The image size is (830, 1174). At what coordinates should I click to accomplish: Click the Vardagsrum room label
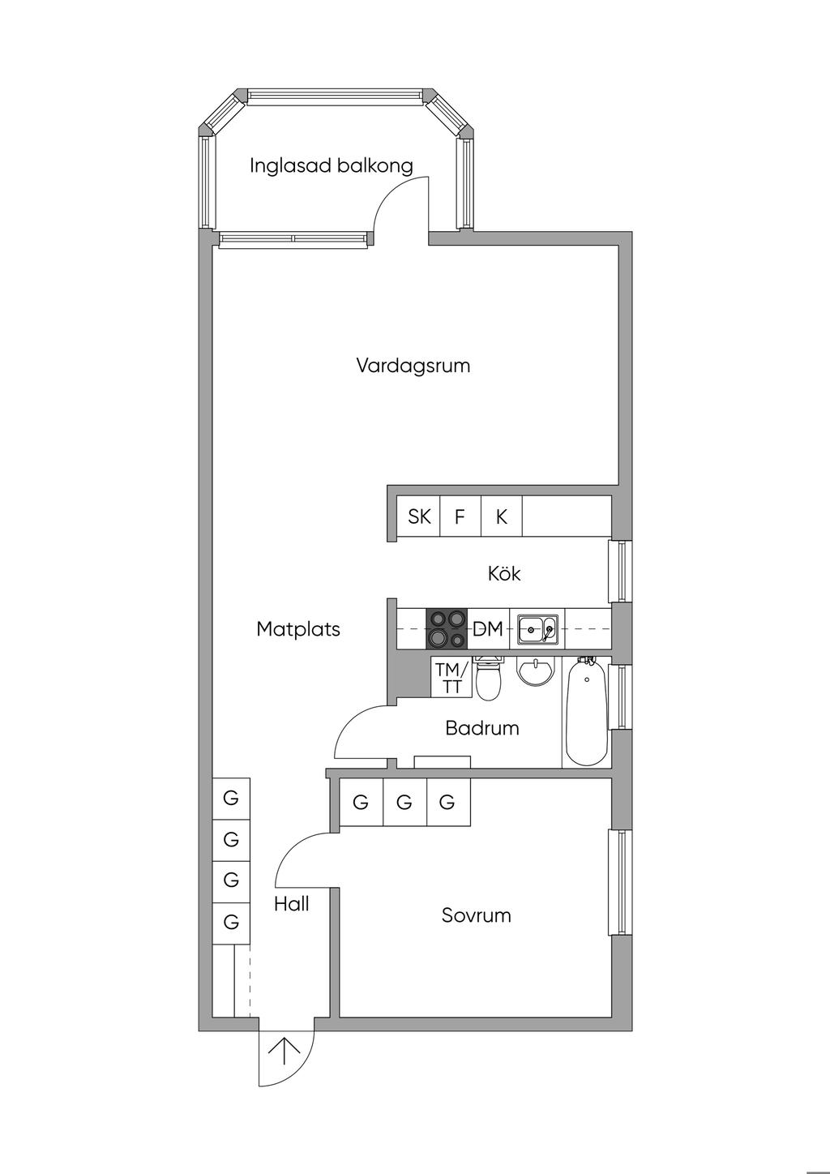[x=413, y=366]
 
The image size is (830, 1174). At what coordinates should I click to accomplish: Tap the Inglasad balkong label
[x=331, y=166]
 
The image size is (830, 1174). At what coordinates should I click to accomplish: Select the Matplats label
[x=298, y=629]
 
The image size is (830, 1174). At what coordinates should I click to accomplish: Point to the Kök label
[x=504, y=574]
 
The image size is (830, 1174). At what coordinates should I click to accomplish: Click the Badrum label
[x=482, y=728]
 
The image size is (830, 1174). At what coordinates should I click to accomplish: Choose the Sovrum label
[x=477, y=916]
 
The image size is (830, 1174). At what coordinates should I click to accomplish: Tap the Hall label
[x=291, y=904]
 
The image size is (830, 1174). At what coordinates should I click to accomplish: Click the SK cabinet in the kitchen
[x=419, y=516]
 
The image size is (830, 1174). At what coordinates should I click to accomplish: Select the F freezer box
[x=460, y=516]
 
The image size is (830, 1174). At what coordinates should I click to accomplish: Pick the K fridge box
[x=502, y=516]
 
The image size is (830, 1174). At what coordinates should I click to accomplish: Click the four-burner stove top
[x=447, y=628]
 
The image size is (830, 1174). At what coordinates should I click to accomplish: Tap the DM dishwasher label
[x=488, y=629]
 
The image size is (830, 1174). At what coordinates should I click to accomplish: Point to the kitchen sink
[x=537, y=629]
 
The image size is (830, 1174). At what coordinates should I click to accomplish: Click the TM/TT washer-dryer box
[x=451, y=678]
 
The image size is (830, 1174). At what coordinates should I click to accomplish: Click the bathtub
[x=586, y=713]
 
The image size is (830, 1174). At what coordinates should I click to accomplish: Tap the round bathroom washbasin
[x=535, y=672]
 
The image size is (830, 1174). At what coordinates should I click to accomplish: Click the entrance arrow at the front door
[x=285, y=1052]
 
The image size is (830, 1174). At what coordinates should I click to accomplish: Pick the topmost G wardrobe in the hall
[x=231, y=799]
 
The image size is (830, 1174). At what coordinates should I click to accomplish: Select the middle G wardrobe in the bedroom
[x=404, y=803]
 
